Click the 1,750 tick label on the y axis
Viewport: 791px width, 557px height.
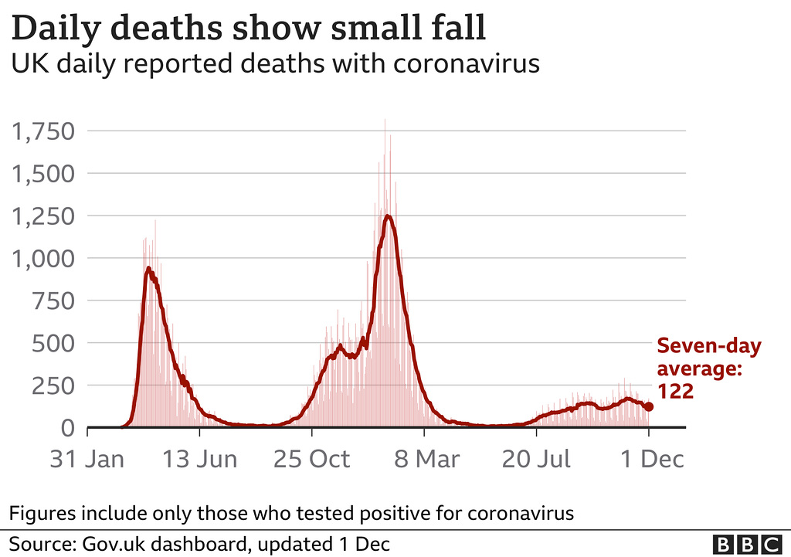43,132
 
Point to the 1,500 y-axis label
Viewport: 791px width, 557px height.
43,174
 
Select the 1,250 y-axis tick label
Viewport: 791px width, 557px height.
43,216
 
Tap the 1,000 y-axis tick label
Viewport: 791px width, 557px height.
43,259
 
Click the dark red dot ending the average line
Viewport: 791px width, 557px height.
649,406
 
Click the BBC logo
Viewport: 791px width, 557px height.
747,544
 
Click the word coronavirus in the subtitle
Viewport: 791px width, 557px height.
466,63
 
